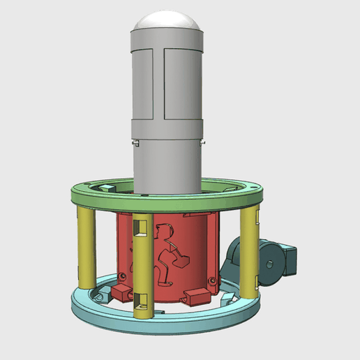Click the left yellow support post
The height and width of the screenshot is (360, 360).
point(87,248)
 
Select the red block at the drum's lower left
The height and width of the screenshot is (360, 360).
point(123,292)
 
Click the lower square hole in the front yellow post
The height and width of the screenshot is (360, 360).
point(143,301)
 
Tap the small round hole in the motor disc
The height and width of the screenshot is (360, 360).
point(269,263)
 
